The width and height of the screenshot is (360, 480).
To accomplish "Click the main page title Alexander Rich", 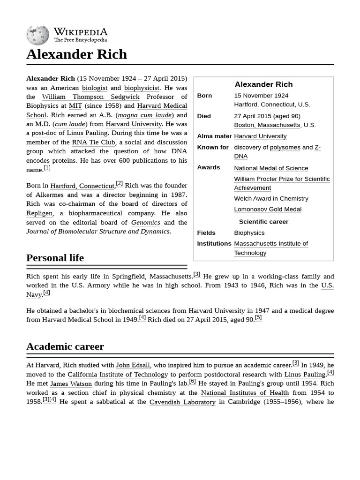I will click(76, 54).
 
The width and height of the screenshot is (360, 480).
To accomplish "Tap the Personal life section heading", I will click(55, 258).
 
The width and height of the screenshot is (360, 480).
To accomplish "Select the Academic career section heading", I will click(65, 346).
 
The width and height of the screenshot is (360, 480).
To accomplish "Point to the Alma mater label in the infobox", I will click(214, 136).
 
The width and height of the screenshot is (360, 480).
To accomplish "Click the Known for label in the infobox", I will click(213, 147).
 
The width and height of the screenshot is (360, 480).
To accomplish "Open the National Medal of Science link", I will click(271, 168).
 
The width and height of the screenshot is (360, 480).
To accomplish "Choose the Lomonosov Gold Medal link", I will click(268, 209).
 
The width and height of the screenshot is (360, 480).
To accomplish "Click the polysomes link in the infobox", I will click(285, 147).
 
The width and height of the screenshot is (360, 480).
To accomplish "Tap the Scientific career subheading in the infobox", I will click(263, 222).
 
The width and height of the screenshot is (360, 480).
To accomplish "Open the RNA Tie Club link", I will click(93, 142).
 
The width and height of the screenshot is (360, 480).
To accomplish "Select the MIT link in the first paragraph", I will click(75, 106).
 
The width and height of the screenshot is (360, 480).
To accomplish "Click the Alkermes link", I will click(49, 195).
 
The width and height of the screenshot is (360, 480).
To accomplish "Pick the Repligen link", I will click(40, 213).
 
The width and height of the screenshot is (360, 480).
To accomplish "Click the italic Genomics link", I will click(145, 223).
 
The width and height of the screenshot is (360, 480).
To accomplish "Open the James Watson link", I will click(65, 384).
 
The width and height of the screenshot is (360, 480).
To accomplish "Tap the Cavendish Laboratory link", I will click(182, 402).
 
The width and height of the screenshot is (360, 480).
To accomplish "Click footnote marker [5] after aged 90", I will click(258, 318).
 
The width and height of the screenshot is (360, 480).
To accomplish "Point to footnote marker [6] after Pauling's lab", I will click(192, 382).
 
